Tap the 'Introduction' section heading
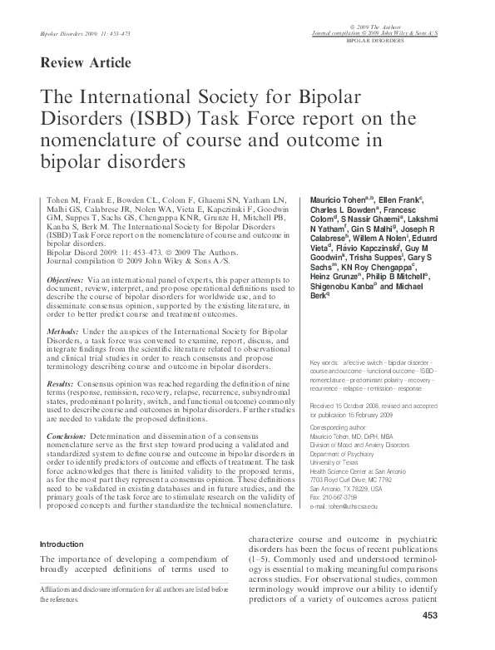tap(67, 544)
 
